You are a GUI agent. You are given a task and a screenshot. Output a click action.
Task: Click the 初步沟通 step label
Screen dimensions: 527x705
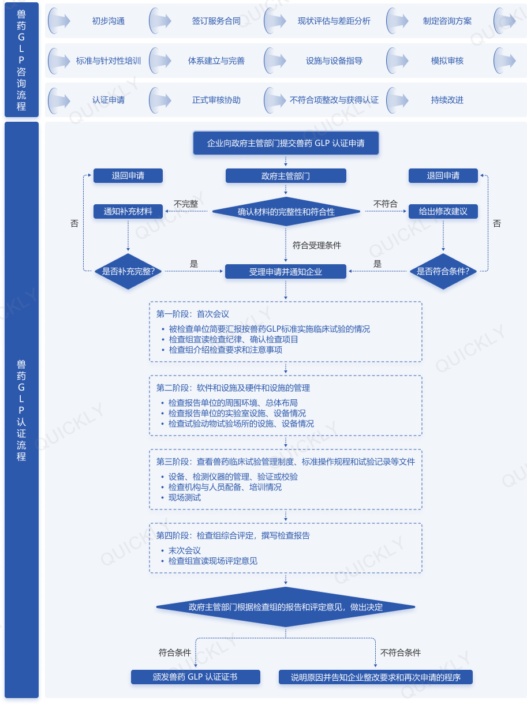(x=109, y=21)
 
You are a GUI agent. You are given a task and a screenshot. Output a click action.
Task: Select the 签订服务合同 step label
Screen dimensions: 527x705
(x=216, y=21)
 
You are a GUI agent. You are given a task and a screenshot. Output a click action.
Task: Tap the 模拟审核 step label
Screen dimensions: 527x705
(x=447, y=61)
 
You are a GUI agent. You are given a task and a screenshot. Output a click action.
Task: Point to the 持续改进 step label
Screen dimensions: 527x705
(x=447, y=100)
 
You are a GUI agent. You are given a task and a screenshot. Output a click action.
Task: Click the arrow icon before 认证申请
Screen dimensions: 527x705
(x=59, y=100)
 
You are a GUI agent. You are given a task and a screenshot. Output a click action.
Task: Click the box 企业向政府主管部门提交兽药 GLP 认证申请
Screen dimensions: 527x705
(x=286, y=143)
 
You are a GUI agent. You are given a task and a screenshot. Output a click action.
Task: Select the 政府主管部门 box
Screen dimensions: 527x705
(x=286, y=176)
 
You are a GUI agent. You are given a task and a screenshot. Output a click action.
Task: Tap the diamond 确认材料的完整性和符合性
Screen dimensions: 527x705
(x=286, y=211)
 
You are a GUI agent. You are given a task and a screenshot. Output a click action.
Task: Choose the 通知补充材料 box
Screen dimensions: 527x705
(x=128, y=211)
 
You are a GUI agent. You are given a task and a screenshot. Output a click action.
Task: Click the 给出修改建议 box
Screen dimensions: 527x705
(x=443, y=211)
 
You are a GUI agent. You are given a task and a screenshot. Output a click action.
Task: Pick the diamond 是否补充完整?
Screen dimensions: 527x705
(x=128, y=271)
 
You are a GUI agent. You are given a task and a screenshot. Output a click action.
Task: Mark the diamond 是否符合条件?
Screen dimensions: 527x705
(x=443, y=271)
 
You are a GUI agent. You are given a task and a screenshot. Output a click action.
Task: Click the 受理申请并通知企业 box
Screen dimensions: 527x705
(x=286, y=272)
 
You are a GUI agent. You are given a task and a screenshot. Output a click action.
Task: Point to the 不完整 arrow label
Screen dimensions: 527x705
(x=186, y=204)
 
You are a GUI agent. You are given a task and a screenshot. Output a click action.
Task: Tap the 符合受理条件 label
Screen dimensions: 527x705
(x=316, y=245)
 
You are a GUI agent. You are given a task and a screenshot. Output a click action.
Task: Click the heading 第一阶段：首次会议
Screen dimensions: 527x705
(x=192, y=314)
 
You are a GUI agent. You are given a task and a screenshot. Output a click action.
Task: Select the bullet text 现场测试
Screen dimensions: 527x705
(x=185, y=497)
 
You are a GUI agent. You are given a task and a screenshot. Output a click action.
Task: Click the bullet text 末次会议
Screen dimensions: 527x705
(x=185, y=550)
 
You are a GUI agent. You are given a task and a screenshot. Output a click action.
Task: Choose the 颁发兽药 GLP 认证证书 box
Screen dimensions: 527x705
(x=195, y=677)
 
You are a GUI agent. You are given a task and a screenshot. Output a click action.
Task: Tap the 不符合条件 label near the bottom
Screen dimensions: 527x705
(x=401, y=652)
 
